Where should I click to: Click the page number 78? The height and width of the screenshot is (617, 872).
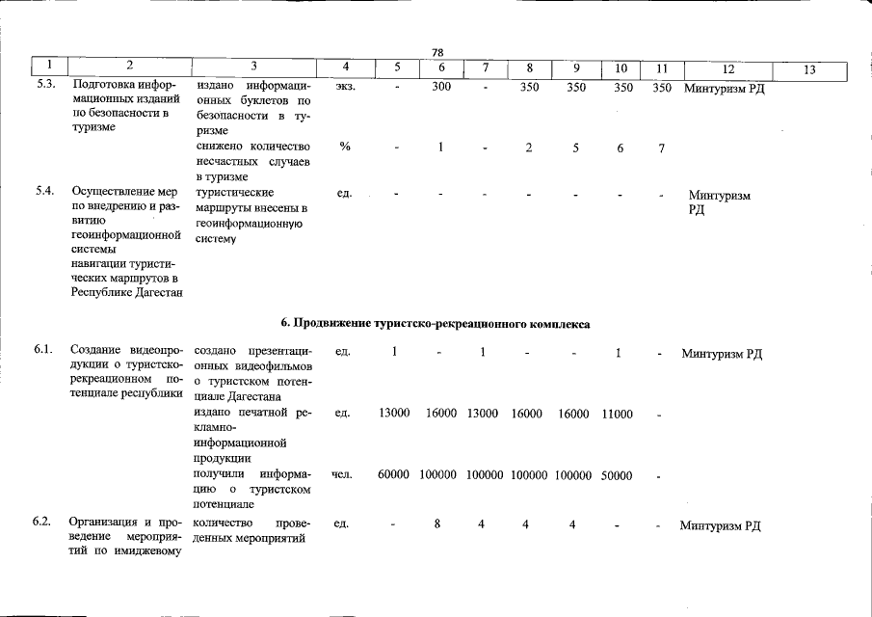coord(436,52)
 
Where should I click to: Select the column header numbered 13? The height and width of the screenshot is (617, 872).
coord(808,68)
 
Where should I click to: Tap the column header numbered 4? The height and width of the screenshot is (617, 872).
coord(345,68)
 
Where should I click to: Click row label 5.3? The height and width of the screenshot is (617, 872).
coord(44,87)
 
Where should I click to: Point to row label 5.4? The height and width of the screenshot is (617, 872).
coord(44,192)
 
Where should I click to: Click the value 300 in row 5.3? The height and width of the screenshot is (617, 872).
coord(441,87)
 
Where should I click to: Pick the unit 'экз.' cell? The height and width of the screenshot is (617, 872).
coord(345,87)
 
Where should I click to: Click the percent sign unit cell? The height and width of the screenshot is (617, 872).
coord(344,147)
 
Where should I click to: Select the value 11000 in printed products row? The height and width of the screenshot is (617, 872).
coord(617,414)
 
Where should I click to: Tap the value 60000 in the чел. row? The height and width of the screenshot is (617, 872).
coord(395,475)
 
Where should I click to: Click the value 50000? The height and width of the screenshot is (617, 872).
coord(617,475)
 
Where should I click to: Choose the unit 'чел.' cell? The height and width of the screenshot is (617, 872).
coord(342,474)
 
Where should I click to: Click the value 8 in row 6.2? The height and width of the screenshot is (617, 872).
coord(436,524)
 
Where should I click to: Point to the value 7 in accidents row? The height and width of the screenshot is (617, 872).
coord(661,148)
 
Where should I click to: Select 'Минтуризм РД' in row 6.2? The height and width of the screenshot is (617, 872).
coord(721,525)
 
